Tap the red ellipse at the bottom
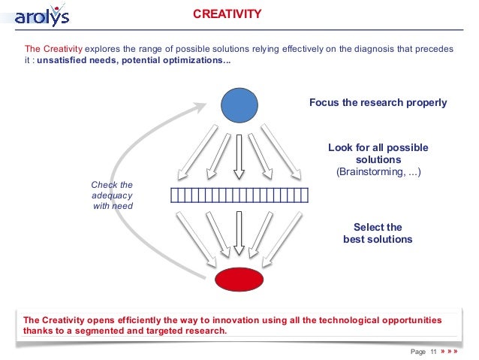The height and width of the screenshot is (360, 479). tap(239, 278)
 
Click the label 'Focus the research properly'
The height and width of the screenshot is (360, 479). tap(378, 103)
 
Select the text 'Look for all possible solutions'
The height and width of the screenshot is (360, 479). tap(378, 154)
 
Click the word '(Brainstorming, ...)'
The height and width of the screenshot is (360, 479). tap(378, 173)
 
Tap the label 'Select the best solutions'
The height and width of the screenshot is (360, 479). tap(378, 233)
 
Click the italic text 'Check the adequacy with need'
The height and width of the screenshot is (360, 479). tap(111, 195)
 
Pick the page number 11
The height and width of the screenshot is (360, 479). tap(432, 351)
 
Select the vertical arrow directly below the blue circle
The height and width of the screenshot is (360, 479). tap(239, 158)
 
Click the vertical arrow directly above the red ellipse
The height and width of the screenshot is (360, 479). tap(239, 233)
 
